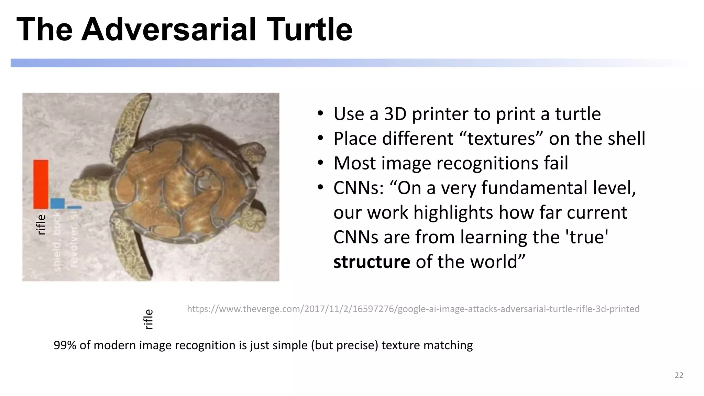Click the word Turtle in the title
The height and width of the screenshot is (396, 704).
[x=309, y=30]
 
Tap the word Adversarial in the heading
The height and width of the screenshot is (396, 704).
[x=168, y=30]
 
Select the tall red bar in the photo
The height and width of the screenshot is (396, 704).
[x=41, y=184]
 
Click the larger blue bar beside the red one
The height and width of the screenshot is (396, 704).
[x=57, y=203]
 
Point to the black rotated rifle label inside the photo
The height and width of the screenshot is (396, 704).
[x=41, y=224]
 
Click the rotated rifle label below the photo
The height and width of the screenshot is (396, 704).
[x=148, y=319]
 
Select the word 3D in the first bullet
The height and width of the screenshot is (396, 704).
[x=395, y=114]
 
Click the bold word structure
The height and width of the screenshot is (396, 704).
[x=372, y=262]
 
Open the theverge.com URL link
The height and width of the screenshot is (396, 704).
[x=413, y=309]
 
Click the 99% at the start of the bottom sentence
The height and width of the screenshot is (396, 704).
[x=65, y=345]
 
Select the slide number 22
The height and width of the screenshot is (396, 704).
[x=679, y=375]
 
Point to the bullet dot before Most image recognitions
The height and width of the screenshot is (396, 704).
[x=320, y=163]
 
